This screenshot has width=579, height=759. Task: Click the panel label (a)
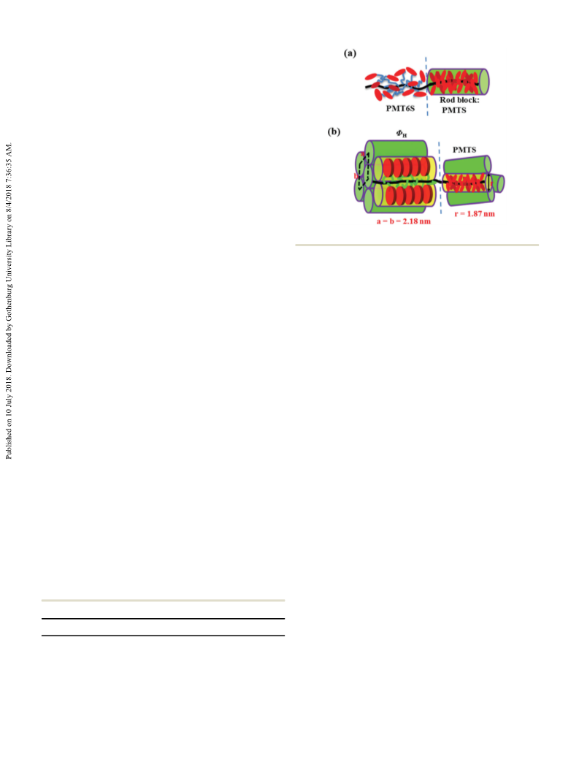coord(350,53)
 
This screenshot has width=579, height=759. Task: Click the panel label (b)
coord(334,131)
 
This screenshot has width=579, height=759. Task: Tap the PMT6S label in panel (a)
coord(400,108)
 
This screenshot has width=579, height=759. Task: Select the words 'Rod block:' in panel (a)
coord(459,100)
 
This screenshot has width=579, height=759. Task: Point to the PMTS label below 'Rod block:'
coord(453,110)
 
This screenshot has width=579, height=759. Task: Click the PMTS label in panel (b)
coord(464,150)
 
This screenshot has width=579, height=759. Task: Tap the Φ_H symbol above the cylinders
coord(402,134)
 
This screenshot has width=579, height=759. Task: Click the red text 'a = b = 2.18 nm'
coord(404,221)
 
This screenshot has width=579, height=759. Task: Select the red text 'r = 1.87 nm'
coord(475,213)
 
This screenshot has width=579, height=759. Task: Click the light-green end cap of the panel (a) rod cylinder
coord(483,82)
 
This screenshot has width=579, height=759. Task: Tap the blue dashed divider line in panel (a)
coord(426,86)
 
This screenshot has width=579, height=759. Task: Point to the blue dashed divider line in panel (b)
coord(440,178)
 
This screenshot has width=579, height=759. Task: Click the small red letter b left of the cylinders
coord(356,176)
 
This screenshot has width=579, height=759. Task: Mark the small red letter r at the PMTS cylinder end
coord(491,183)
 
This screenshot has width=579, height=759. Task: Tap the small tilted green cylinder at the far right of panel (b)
coord(497,183)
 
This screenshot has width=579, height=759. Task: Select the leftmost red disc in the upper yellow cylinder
coord(388,167)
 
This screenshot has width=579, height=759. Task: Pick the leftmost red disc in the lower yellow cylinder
coord(391,194)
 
